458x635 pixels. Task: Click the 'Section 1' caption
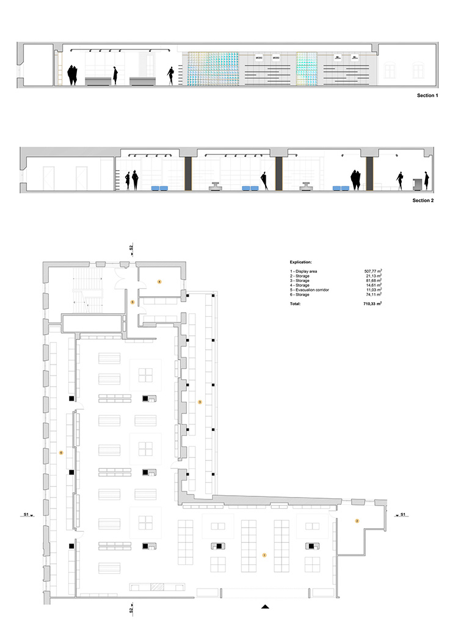click(426, 96)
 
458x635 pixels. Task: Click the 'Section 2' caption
click(423, 200)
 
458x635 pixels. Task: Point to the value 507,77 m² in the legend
click(374, 270)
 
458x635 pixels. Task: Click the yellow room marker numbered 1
click(264, 555)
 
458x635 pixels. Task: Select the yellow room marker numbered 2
click(357, 521)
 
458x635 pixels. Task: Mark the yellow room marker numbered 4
click(159, 281)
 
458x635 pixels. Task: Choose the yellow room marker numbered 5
click(132, 302)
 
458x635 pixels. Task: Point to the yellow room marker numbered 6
click(60, 452)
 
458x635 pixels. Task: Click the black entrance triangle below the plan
click(264, 606)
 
